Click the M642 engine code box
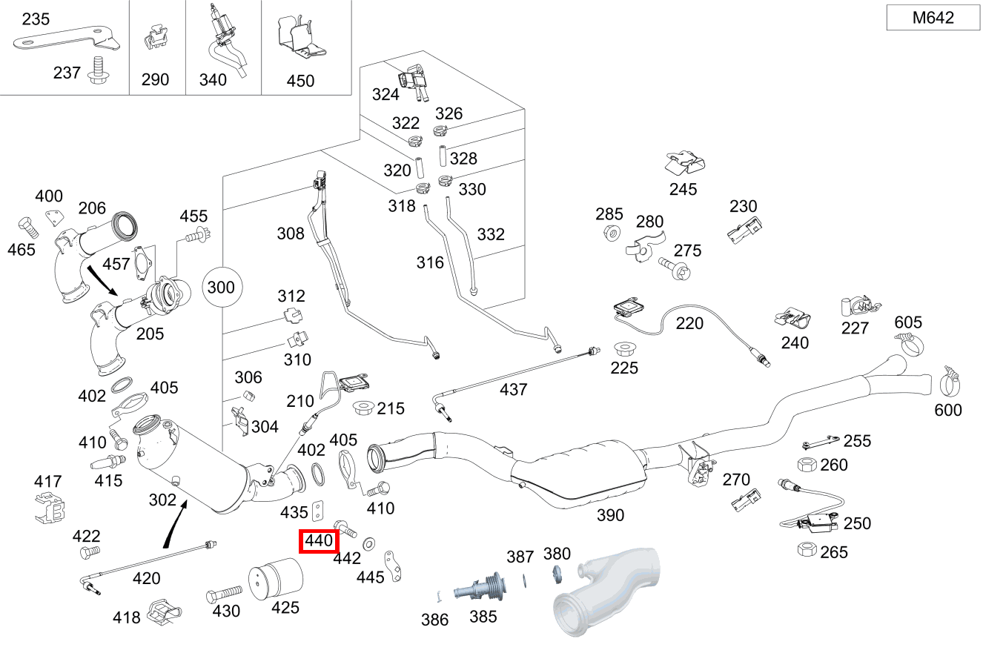click(x=933, y=18)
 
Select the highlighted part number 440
click(x=319, y=542)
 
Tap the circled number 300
click(x=221, y=287)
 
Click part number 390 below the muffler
click(x=610, y=515)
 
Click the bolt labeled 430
click(x=225, y=594)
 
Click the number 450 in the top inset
click(x=300, y=81)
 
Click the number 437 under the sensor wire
click(x=513, y=389)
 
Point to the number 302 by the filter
click(x=162, y=500)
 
